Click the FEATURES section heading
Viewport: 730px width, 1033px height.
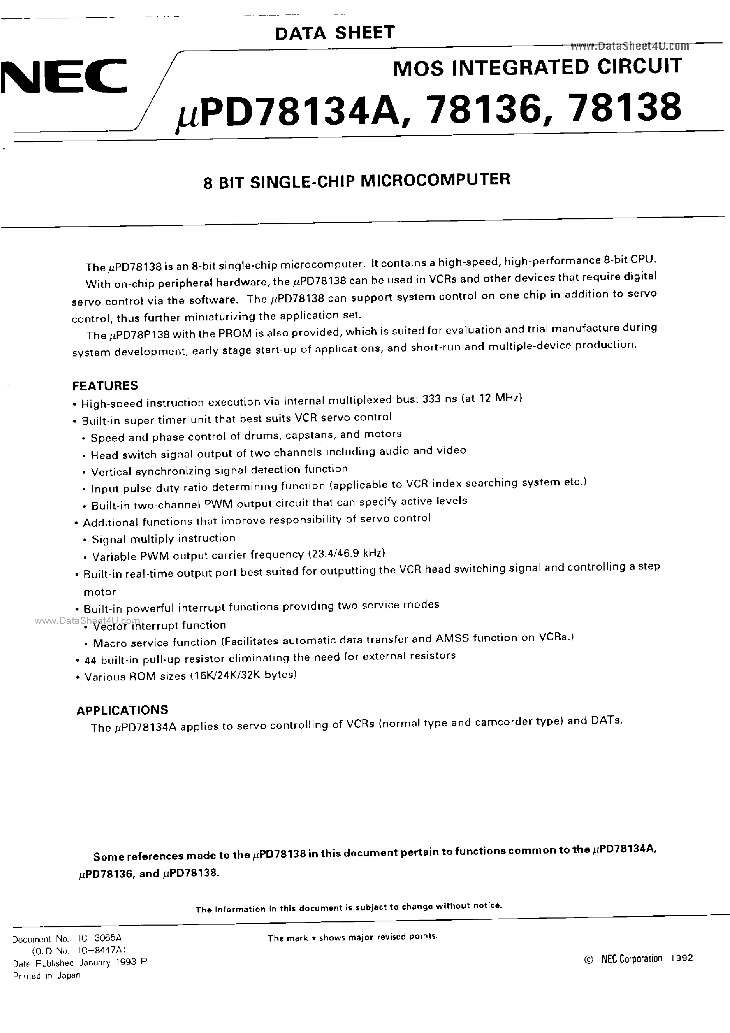point(105,385)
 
